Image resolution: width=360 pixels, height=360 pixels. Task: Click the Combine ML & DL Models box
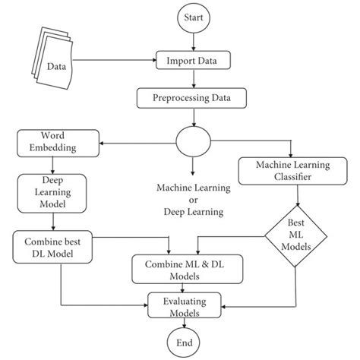click(x=181, y=267)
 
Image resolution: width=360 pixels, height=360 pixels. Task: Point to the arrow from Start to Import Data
click(x=192, y=43)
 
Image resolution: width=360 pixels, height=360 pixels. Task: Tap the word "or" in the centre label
click(x=192, y=200)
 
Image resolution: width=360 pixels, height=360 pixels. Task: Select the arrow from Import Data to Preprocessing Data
click(x=192, y=79)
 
